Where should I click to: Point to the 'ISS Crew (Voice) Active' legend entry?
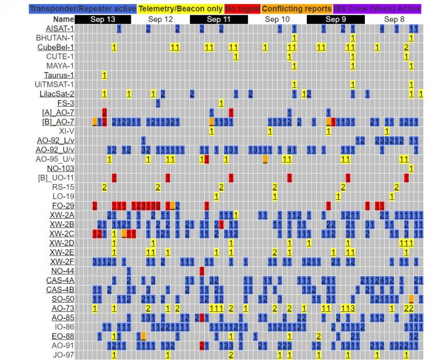(x=378, y=8)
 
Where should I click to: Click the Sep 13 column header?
(x=103, y=19)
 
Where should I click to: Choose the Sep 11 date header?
(x=219, y=19)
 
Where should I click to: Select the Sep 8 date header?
(x=394, y=19)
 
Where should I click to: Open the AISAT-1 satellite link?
(x=60, y=29)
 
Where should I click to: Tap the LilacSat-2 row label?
(x=57, y=94)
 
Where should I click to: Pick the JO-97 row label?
(x=63, y=355)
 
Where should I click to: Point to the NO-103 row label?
(x=62, y=168)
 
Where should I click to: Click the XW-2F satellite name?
(x=62, y=261)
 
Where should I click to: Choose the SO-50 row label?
(x=63, y=299)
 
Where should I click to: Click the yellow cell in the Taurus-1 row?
(x=104, y=75)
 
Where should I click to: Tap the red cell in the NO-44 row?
(x=202, y=271)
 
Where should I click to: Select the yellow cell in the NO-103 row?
(x=412, y=168)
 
